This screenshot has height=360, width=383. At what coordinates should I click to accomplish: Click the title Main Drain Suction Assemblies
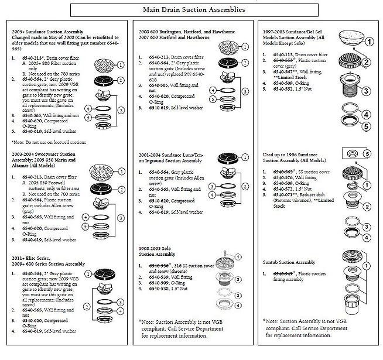pyautogui.click(x=191, y=10)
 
